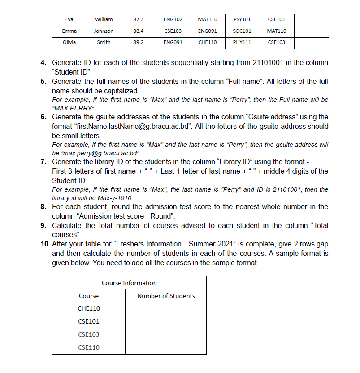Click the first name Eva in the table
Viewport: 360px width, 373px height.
pyautogui.click(x=69, y=19)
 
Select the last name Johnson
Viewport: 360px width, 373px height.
pyautogui.click(x=104, y=31)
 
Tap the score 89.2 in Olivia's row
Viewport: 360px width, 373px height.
pyautogui.click(x=139, y=42)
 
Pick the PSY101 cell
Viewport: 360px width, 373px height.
pyautogui.click(x=242, y=19)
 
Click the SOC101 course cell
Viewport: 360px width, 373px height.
pyautogui.click(x=242, y=31)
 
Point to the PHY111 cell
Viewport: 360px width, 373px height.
pyautogui.click(x=242, y=42)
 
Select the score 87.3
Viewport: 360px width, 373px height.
pyautogui.click(x=139, y=19)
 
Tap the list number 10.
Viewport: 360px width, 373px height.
pyautogui.click(x=45, y=245)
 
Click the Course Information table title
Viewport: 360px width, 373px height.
pyautogui.click(x=129, y=283)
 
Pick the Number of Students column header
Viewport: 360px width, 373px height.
pyautogui.click(x=166, y=296)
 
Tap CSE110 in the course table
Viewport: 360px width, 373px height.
pyautogui.click(x=89, y=347)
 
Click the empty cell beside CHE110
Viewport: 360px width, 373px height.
pyautogui.click(x=166, y=309)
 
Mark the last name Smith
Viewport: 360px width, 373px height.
pyautogui.click(x=104, y=42)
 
